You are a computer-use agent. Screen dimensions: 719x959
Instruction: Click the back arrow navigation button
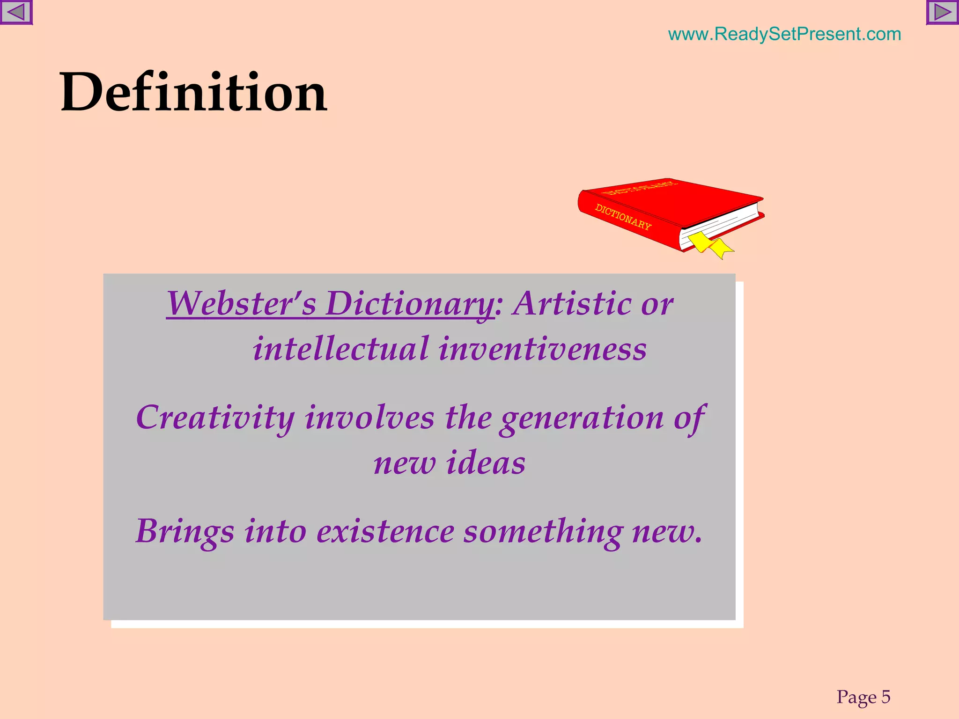[16, 12]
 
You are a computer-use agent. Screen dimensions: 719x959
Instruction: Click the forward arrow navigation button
[942, 12]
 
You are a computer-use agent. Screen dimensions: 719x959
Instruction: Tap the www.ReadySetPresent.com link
[784, 34]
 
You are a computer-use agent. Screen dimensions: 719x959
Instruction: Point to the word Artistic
[571, 304]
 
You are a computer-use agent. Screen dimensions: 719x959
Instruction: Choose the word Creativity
[215, 418]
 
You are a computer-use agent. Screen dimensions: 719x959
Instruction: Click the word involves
[369, 418]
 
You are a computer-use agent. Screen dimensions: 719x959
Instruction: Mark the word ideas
[486, 463]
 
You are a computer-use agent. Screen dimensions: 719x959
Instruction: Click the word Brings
[185, 532]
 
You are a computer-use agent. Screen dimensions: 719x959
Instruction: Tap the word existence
[385, 532]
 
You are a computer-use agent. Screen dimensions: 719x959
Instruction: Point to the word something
[543, 532]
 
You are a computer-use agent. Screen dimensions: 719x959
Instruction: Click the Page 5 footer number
[863, 697]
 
